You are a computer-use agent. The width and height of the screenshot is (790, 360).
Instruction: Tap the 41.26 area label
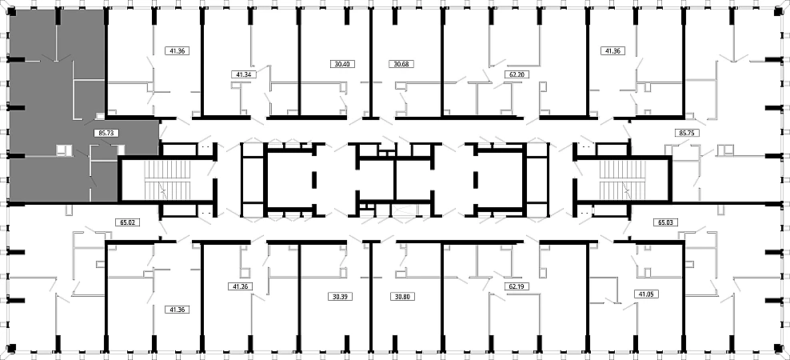click(x=240, y=286)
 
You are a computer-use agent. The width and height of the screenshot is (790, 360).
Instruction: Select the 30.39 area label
click(x=341, y=297)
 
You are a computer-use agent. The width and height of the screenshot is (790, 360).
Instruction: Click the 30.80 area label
click(x=402, y=297)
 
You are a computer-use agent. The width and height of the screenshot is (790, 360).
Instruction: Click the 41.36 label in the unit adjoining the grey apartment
click(x=177, y=50)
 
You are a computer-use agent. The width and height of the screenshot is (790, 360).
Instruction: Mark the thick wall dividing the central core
click(x=395, y=180)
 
